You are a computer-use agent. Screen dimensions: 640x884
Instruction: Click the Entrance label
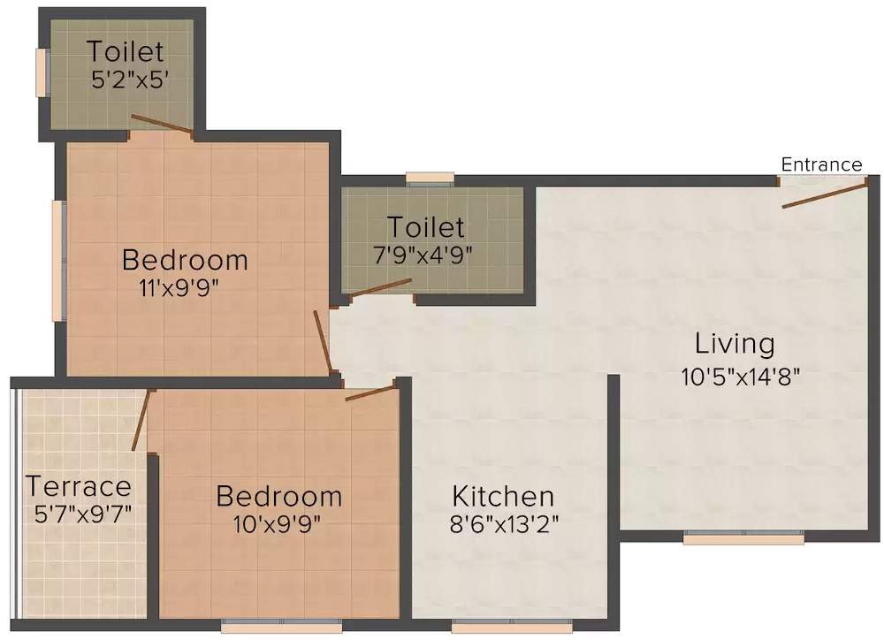[821, 164]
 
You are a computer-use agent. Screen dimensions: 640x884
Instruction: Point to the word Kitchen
[503, 495]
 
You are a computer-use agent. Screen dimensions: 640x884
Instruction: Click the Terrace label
[79, 486]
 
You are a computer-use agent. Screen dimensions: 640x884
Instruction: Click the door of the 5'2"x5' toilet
[162, 125]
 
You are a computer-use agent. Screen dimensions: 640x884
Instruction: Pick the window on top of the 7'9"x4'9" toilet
[431, 179]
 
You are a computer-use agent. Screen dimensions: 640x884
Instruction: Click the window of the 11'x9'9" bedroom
[58, 261]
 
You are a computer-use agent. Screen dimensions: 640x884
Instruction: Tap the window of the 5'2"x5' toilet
[41, 72]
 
